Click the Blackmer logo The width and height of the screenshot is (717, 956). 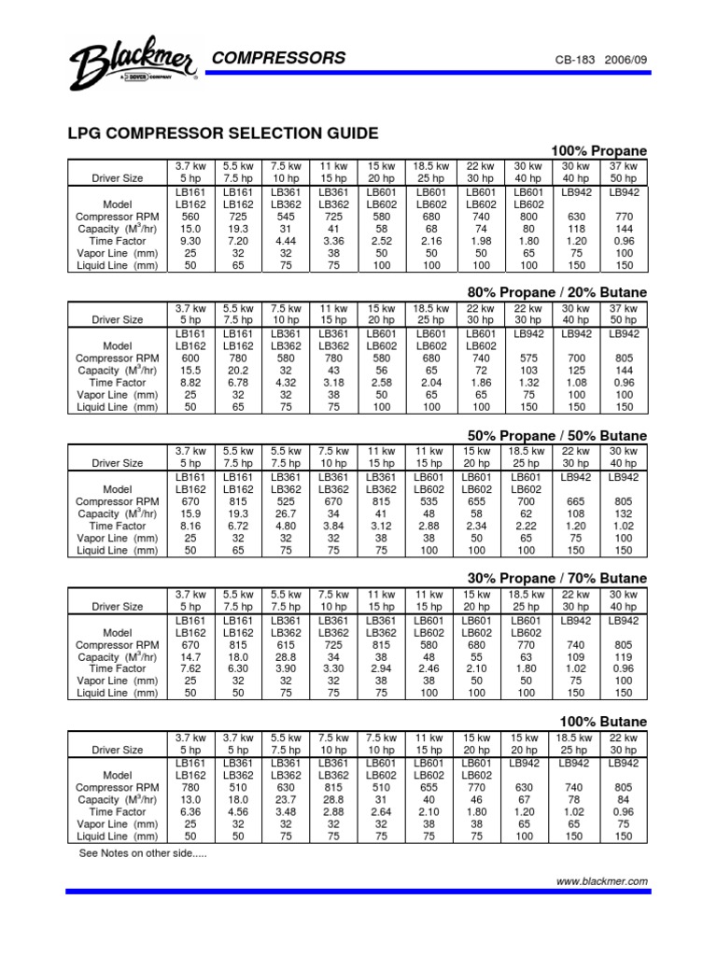pyautogui.click(x=131, y=65)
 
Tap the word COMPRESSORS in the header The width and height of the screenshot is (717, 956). pyautogui.click(x=279, y=58)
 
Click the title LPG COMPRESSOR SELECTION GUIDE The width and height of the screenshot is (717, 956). pyautogui.click(x=222, y=134)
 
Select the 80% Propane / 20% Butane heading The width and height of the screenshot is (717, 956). pyautogui.click(x=556, y=293)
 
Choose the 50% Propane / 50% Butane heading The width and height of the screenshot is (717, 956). pyautogui.click(x=556, y=436)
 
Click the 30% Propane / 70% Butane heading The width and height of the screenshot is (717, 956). pyautogui.click(x=556, y=579)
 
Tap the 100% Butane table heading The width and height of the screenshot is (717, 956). pyautogui.click(x=603, y=722)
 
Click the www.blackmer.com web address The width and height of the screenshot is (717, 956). pyautogui.click(x=602, y=880)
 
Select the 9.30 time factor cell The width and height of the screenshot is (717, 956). pyautogui.click(x=190, y=240)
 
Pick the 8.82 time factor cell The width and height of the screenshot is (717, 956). pyautogui.click(x=190, y=383)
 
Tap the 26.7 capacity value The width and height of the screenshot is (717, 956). pyautogui.click(x=286, y=513)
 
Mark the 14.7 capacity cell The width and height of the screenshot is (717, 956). pyautogui.click(x=190, y=656)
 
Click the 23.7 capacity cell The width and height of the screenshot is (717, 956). pyautogui.click(x=286, y=799)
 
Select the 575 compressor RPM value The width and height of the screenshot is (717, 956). pyautogui.click(x=527, y=358)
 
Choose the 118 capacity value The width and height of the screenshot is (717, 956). pyautogui.click(x=575, y=228)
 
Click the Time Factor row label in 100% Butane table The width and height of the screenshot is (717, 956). pyautogui.click(x=117, y=811)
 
